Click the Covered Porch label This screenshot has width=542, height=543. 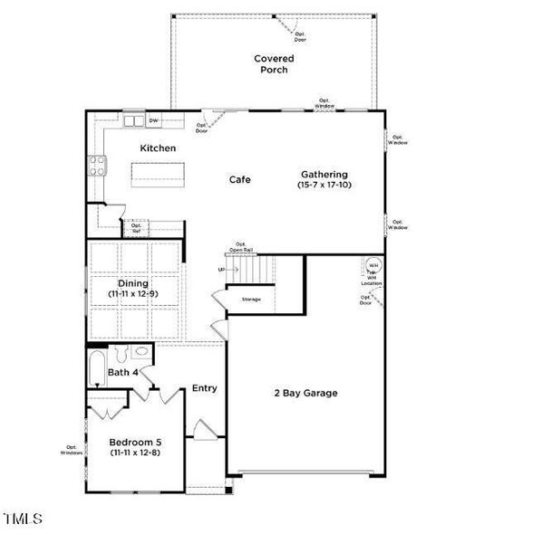point(273,64)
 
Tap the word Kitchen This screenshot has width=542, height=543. point(158,148)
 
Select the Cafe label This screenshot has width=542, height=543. point(239,179)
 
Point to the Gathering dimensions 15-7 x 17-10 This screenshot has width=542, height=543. point(324,185)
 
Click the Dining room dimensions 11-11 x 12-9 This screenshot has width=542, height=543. point(133,294)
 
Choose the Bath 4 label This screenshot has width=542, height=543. point(123,372)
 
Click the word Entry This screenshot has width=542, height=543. point(204,388)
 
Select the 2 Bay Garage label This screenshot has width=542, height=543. point(306,393)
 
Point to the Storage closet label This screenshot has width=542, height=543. point(251,299)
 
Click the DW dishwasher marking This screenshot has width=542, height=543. point(153,120)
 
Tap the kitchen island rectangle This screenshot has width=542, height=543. point(159,173)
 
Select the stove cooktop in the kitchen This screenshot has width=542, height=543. point(96,166)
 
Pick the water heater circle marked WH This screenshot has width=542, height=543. point(373,267)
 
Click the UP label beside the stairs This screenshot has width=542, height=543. point(221,270)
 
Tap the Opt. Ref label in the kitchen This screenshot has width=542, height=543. point(136,228)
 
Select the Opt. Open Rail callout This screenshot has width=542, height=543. point(241,246)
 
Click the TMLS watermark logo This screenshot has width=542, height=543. point(23,519)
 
